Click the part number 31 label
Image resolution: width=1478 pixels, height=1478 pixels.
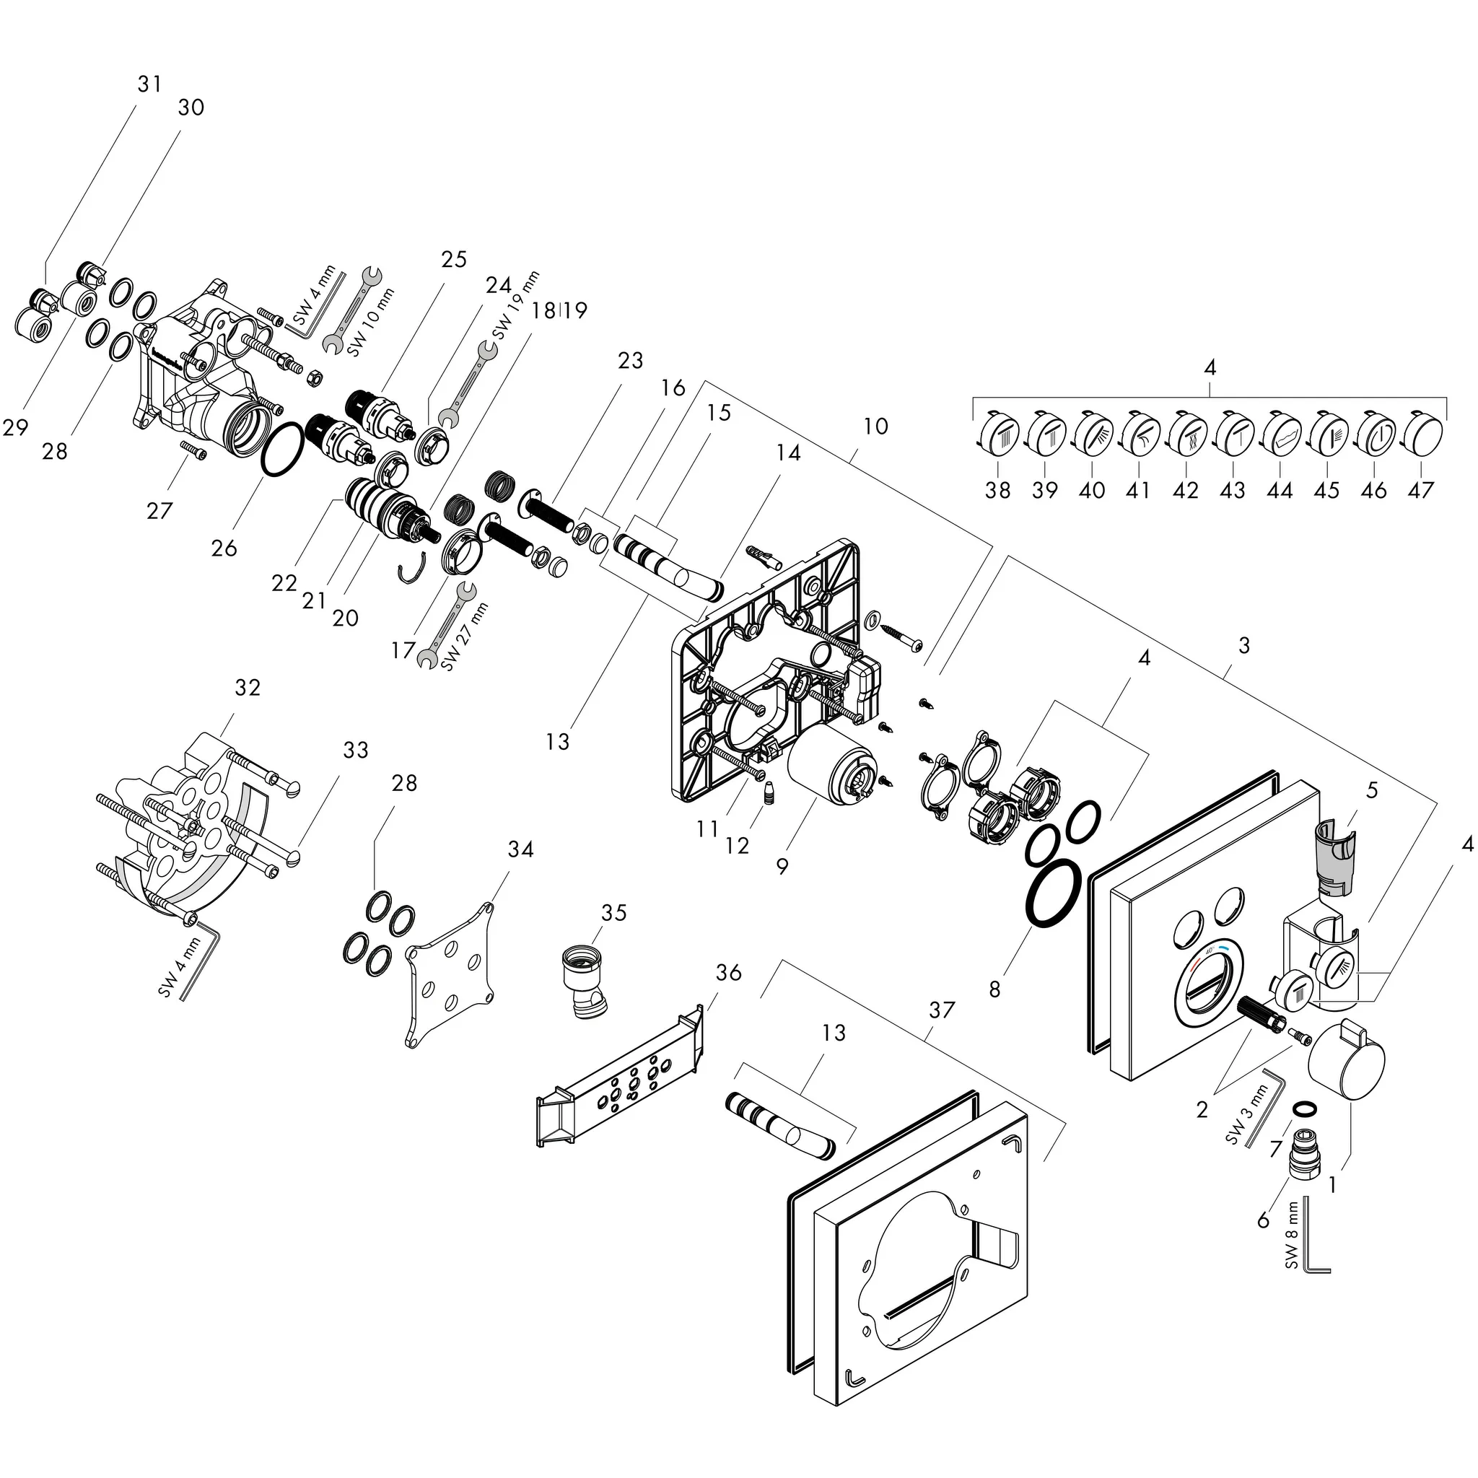[150, 84]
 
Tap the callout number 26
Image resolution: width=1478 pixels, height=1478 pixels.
[224, 548]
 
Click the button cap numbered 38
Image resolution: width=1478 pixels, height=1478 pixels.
[998, 433]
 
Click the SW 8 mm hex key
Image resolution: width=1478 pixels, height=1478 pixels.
[1314, 1248]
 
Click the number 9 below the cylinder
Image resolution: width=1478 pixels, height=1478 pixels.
[782, 867]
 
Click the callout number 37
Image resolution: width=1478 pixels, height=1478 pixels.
[942, 1010]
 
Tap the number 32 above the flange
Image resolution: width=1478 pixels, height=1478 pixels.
[247, 688]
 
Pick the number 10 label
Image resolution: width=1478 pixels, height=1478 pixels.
[875, 426]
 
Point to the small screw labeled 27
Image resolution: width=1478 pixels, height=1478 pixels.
[193, 450]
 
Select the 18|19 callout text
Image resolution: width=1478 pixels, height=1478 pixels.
[559, 310]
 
